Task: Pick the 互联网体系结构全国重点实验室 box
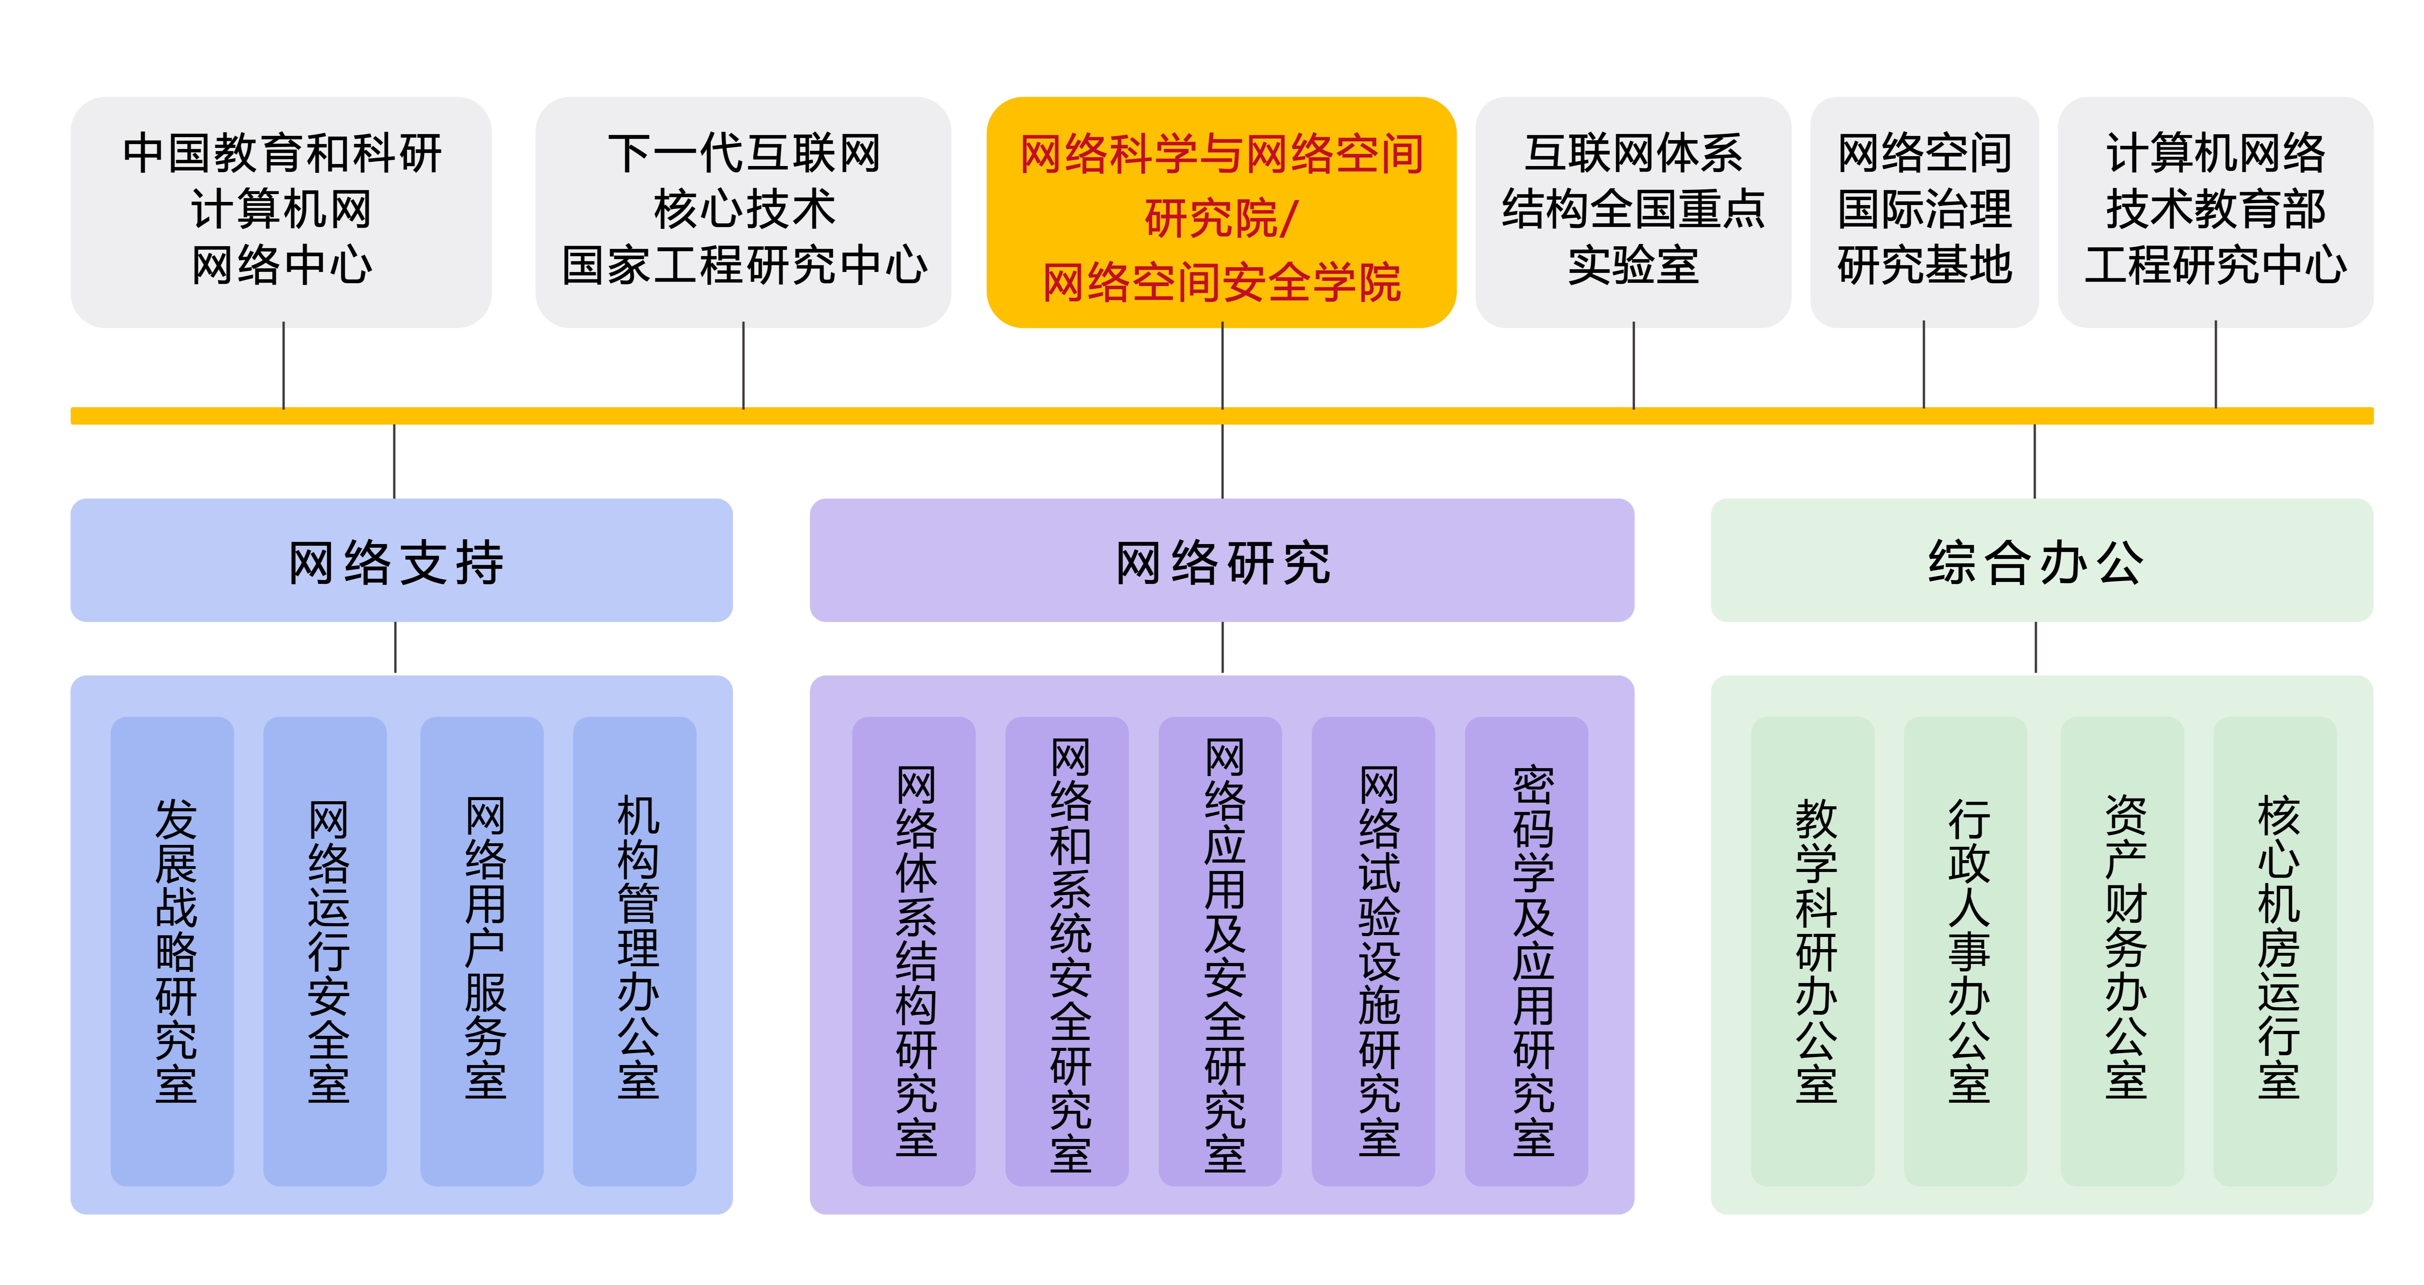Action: point(1633,213)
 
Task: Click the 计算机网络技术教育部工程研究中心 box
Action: point(2215,213)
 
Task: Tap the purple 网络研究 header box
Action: point(1222,561)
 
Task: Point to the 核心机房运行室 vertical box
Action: point(2275,950)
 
